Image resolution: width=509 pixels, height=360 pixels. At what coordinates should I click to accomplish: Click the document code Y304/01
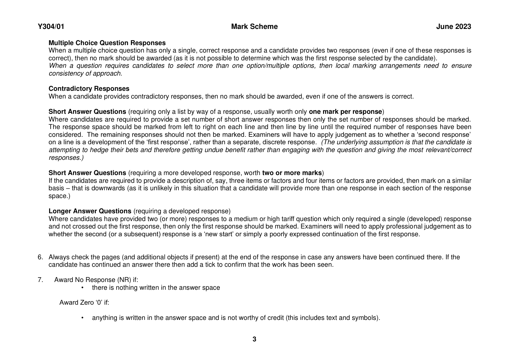click(x=51, y=27)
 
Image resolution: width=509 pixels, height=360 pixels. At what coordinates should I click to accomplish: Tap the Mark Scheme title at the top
click(x=254, y=27)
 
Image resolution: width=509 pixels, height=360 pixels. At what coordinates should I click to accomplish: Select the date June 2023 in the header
click(x=453, y=27)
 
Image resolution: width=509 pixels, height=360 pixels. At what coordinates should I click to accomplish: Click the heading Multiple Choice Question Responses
click(x=107, y=43)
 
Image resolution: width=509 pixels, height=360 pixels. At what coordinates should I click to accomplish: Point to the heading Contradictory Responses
click(x=89, y=89)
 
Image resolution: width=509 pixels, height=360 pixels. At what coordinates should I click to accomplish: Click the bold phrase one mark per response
click(x=345, y=112)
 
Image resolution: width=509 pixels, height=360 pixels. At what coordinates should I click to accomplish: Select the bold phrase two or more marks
click(x=292, y=173)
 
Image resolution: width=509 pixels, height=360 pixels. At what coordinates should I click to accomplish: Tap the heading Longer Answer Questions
click(x=90, y=211)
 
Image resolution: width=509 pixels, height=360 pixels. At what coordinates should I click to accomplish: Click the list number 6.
click(x=40, y=257)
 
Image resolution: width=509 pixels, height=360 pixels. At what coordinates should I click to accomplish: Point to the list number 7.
click(x=40, y=280)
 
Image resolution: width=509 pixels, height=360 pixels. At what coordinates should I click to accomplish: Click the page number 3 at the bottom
click(x=254, y=339)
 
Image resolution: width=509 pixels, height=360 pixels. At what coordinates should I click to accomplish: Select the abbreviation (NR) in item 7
click(x=125, y=280)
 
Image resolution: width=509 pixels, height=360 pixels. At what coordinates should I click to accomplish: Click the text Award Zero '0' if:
click(x=84, y=302)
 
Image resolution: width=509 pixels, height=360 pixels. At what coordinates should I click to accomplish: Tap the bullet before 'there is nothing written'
click(x=82, y=288)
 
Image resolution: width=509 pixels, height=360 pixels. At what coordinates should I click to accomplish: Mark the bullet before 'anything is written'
click(x=82, y=318)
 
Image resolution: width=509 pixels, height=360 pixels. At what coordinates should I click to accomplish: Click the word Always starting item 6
click(x=59, y=257)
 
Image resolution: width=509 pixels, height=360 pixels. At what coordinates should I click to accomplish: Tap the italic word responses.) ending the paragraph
click(x=66, y=158)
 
